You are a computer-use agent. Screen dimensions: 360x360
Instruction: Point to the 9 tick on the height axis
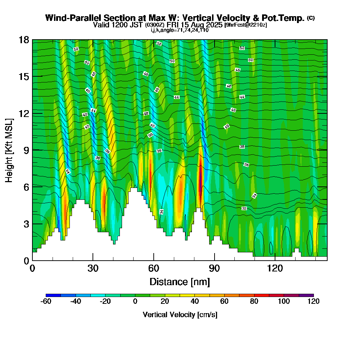point(26,150)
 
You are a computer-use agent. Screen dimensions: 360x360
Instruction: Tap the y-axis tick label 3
point(26,224)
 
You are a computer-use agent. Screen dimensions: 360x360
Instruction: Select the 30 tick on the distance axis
point(93,268)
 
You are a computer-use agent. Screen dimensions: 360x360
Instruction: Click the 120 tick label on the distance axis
point(275,268)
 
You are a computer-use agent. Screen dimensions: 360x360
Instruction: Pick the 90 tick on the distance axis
point(215,268)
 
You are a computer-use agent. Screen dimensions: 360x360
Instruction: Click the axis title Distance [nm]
point(180,282)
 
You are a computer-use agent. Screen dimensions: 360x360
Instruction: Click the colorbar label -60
point(46,301)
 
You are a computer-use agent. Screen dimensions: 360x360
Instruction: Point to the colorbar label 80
point(254,301)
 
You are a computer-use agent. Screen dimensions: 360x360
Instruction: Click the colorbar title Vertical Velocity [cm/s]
point(180,315)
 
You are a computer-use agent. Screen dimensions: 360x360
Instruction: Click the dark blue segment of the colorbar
point(53,295)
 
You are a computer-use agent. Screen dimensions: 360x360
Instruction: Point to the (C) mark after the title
point(311,18)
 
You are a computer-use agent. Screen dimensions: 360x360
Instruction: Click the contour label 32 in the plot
point(244,208)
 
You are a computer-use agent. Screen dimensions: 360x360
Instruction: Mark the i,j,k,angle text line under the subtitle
point(180,30)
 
